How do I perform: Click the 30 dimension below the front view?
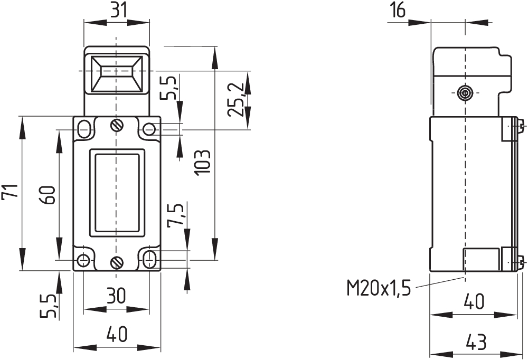point(116,296)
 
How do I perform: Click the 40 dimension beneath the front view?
point(117,335)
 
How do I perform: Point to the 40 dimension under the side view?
point(473,302)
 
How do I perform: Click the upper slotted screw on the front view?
point(116,126)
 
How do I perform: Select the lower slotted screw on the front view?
point(116,262)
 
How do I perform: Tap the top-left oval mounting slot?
point(83,128)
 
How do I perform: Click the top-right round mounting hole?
point(150,129)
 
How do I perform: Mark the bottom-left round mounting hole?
point(83,260)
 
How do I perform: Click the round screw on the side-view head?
point(465,93)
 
